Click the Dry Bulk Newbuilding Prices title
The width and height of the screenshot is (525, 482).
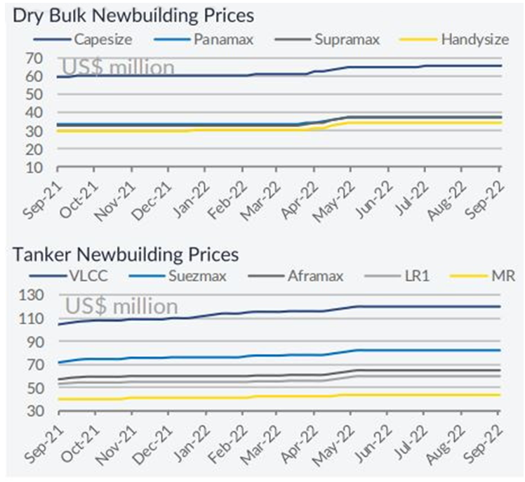[133, 15]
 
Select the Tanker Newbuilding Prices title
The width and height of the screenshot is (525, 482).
[126, 254]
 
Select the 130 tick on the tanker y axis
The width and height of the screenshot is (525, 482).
[30, 296]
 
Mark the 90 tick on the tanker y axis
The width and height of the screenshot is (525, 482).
[34, 341]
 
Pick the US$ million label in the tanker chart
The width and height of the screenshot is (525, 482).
[121, 306]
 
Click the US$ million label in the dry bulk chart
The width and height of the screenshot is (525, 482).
[118, 67]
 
